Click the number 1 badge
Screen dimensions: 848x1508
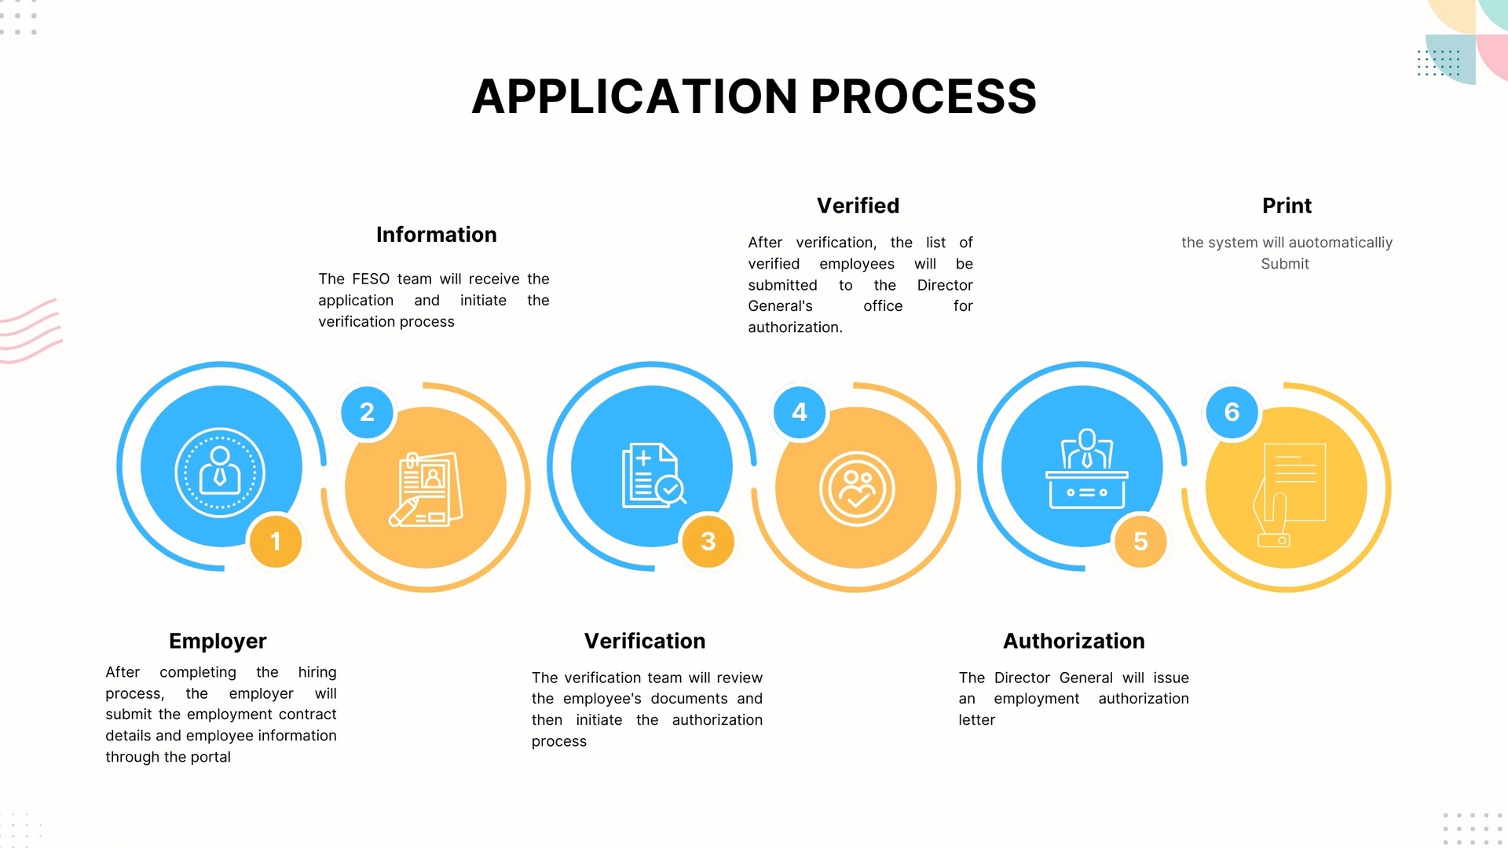[x=276, y=541]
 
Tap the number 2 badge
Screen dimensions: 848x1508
[x=367, y=412]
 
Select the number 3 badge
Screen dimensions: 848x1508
[x=708, y=541]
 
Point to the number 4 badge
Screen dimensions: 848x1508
[x=800, y=412]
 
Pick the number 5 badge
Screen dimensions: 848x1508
[x=1140, y=541]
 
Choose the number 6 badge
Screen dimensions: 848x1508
[x=1232, y=412]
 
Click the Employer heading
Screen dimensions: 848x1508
[x=218, y=641]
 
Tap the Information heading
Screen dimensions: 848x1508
[x=436, y=235]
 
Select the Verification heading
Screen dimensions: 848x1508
[x=644, y=641]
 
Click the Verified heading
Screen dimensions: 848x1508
[x=858, y=206]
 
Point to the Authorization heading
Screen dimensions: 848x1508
[x=1074, y=641]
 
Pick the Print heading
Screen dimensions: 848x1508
[x=1287, y=206]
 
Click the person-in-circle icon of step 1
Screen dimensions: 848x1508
[x=220, y=472]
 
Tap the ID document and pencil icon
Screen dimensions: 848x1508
[x=426, y=488]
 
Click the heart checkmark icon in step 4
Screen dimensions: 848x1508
[x=857, y=488]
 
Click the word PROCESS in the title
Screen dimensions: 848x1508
[x=923, y=97]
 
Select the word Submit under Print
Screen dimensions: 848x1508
[x=1285, y=264]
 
